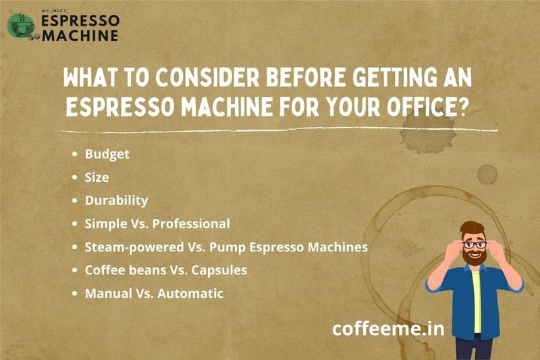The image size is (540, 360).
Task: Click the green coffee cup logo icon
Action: point(21,26)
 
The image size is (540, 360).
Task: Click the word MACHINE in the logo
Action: point(80,36)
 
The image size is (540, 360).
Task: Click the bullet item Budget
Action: point(107,154)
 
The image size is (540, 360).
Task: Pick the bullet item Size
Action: point(97,177)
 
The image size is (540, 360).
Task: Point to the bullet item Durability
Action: point(116,201)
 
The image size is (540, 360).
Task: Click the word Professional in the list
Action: point(191,224)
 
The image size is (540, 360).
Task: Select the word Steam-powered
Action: point(134,247)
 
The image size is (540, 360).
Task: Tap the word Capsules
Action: point(219,270)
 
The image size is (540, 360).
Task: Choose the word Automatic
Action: point(190,294)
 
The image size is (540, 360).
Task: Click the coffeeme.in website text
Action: point(388,328)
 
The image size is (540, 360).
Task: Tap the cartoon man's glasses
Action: point(475,245)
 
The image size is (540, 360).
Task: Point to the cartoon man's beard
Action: point(475,257)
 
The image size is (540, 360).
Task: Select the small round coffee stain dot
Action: point(487,174)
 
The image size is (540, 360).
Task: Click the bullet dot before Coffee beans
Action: point(75,270)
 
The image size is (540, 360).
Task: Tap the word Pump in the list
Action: point(227,248)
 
